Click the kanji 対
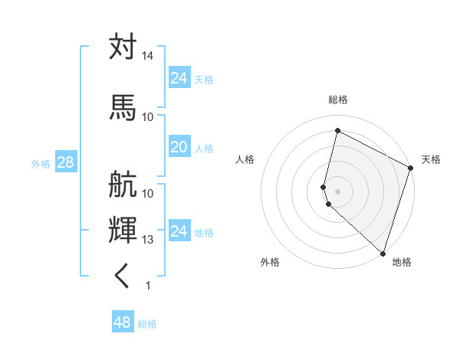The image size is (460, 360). point(123,47)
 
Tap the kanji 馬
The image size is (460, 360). point(123,106)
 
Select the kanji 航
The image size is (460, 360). point(123,184)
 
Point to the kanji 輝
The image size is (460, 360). point(123,230)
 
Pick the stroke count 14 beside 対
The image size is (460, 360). point(148,57)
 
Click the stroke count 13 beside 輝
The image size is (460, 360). point(148,240)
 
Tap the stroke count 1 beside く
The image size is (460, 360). point(148,286)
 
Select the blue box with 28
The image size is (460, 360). point(65,163)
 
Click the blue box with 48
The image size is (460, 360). point(123,322)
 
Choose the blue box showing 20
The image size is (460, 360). point(179,148)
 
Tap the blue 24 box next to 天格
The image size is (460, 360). point(179,78)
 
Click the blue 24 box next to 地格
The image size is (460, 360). point(179,231)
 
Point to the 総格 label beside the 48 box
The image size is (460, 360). point(147,324)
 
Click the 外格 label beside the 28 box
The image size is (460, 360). point(41,164)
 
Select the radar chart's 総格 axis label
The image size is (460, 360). point(338,100)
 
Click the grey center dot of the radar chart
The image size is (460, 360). point(337,190)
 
